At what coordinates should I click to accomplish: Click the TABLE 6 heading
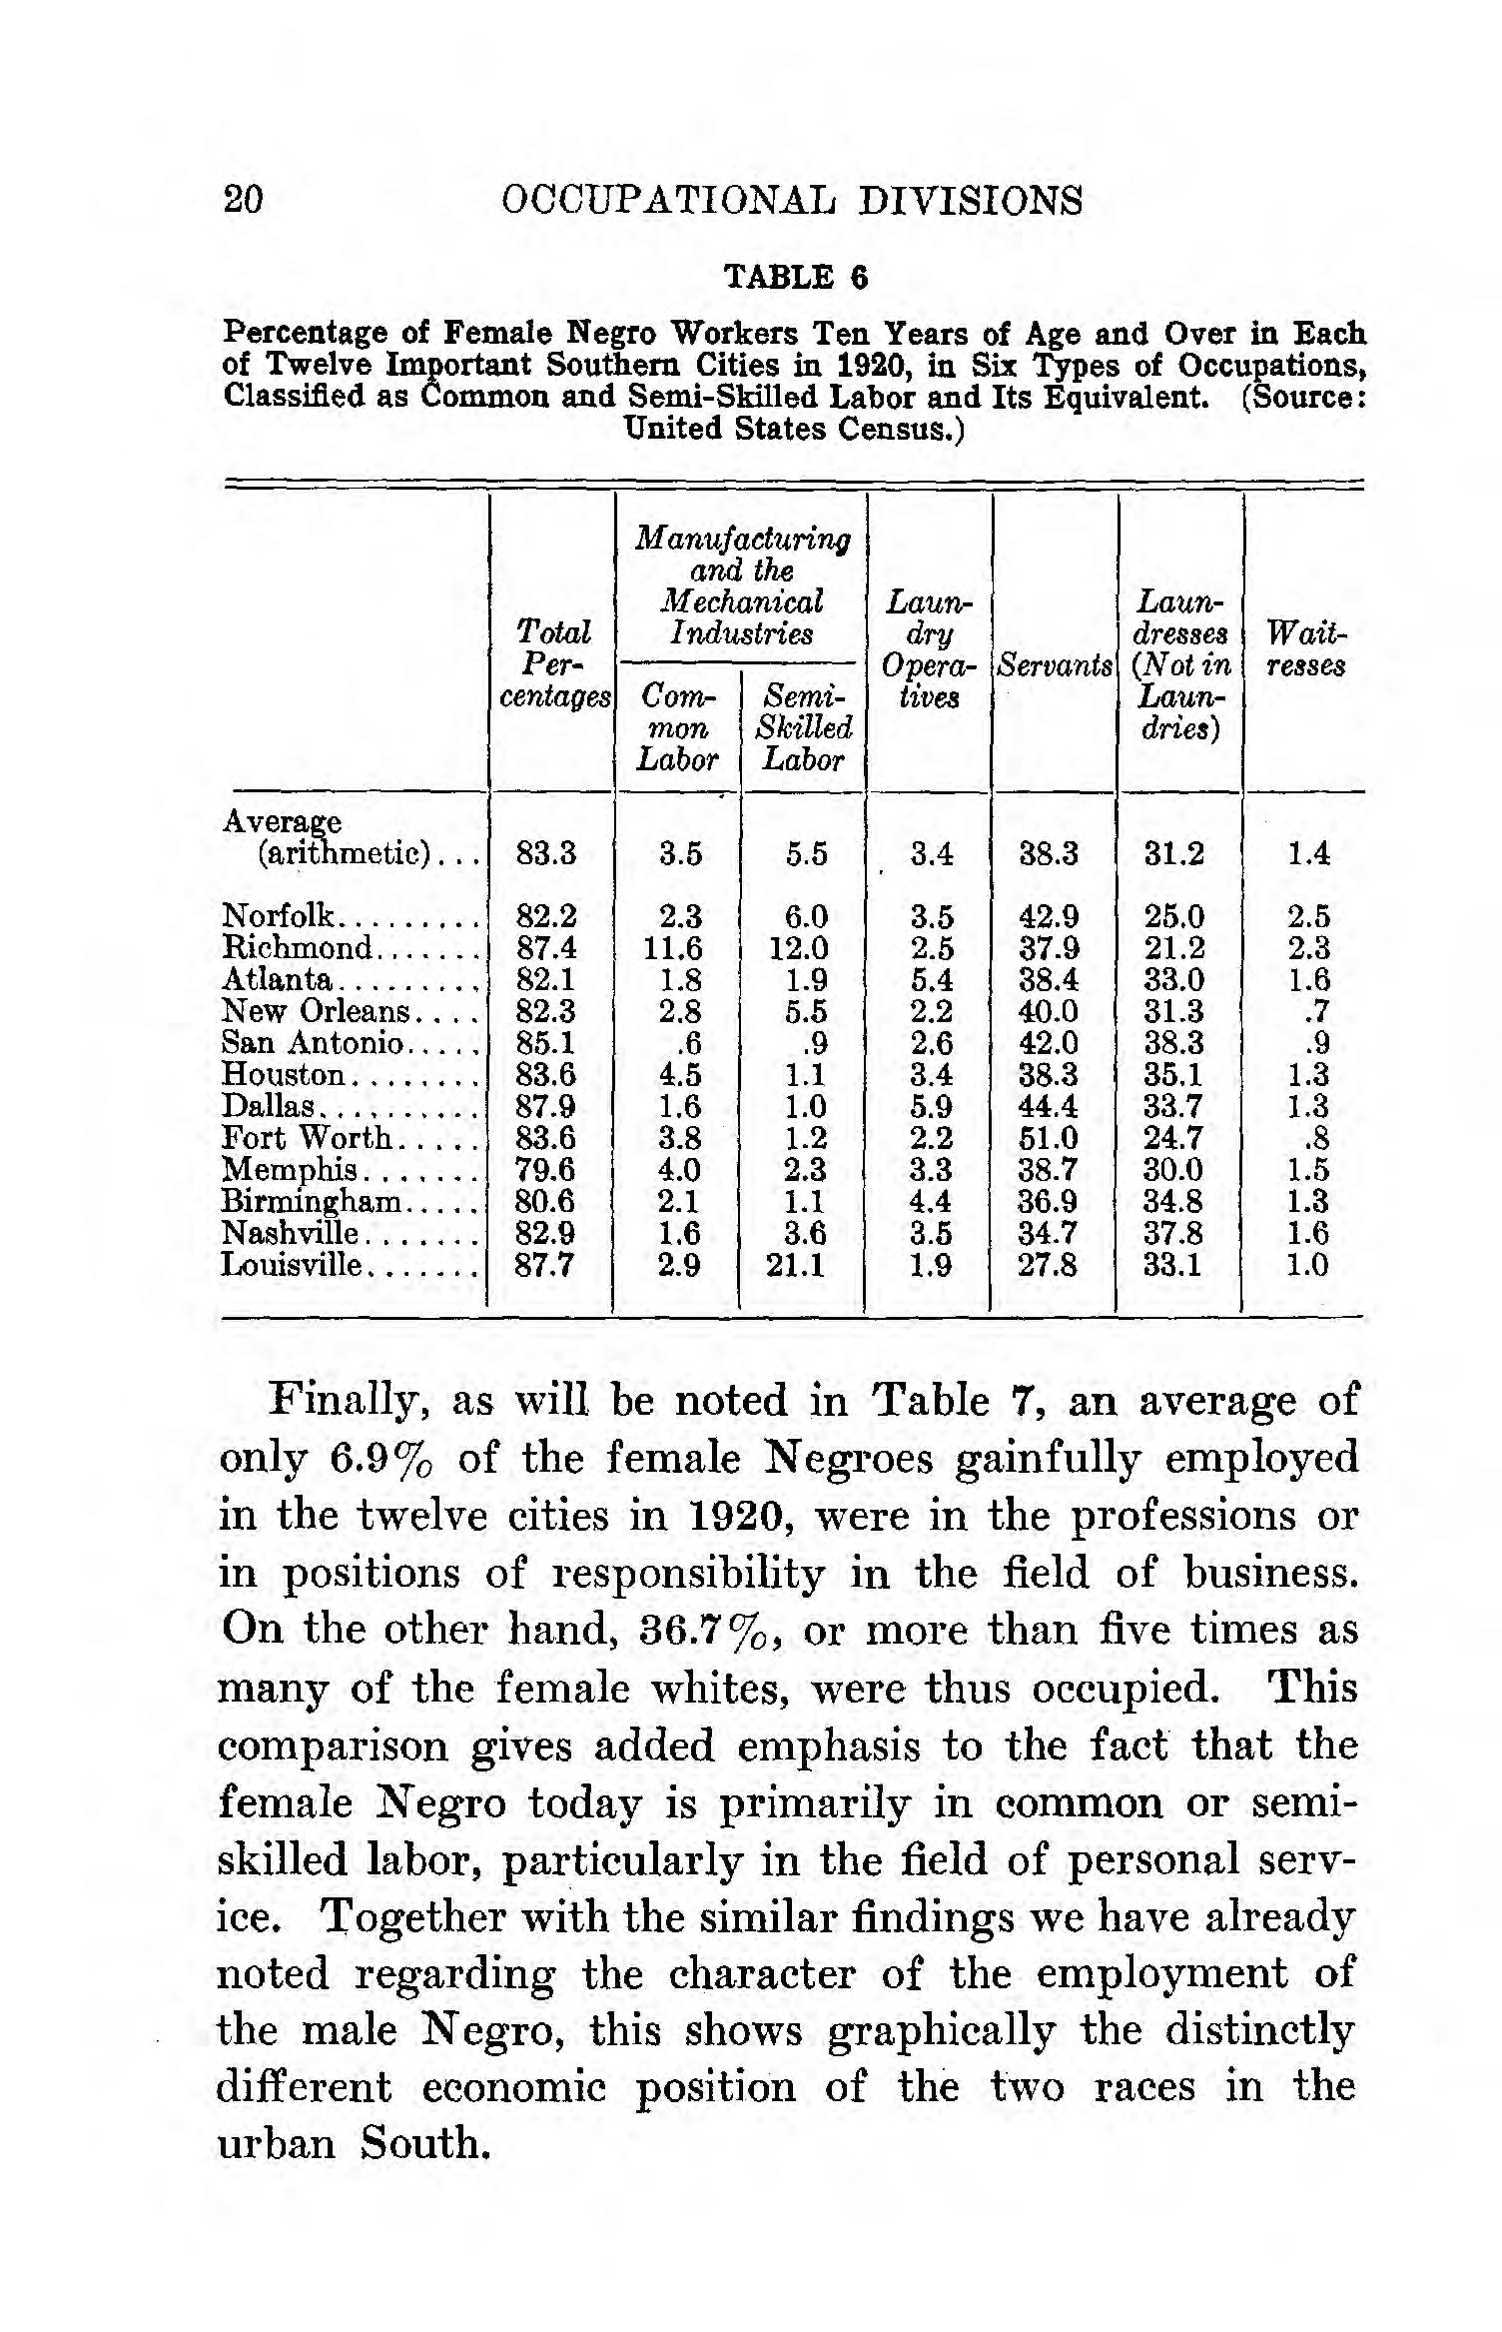tap(795, 277)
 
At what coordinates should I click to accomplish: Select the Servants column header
tap(1055, 665)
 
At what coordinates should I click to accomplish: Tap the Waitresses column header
tap(1305, 649)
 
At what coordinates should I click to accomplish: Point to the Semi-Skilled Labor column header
tap(804, 726)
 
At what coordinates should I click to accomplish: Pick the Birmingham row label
tap(311, 1201)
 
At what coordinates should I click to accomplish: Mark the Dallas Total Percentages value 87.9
tap(545, 1106)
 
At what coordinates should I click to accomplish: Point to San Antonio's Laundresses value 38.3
tap(1174, 1043)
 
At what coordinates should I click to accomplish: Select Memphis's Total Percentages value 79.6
tap(545, 1170)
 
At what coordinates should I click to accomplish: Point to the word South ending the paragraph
tap(425, 2145)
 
